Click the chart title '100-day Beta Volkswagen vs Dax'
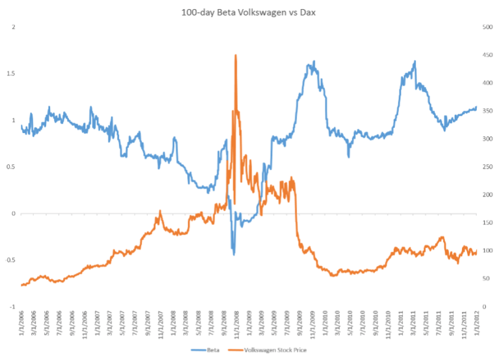pos(249,11)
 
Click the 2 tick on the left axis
pos(14,27)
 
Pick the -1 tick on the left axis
pos(12,307)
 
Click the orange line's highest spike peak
pos(235,56)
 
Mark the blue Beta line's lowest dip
pos(234,254)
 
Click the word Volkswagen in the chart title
pos(250,11)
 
